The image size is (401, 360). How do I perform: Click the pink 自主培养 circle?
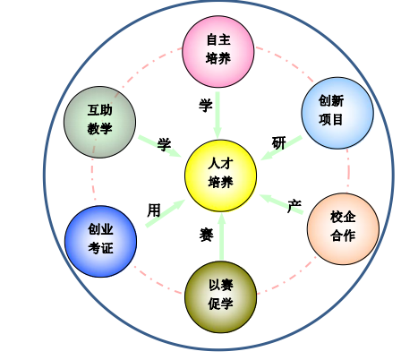pos(218,51)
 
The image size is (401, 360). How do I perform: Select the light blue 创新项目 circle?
pos(337,113)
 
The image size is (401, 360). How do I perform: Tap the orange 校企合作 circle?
pos(343,228)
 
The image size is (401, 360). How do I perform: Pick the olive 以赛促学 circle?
pos(220,296)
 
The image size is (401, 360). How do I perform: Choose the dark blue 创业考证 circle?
pos(100,241)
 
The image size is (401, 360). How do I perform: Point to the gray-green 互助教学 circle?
pos(99,122)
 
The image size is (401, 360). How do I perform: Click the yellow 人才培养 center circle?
pos(220,176)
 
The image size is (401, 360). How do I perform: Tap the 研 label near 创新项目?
pos(279,142)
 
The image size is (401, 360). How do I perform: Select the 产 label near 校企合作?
pos(294,206)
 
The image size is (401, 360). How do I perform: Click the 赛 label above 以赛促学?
pos(206,235)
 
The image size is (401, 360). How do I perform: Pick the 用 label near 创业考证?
pos(154,210)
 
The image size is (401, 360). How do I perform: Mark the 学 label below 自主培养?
pos(206,105)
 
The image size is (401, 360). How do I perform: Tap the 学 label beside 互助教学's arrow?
pos(164,144)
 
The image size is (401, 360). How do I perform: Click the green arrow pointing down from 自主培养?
pos(218,116)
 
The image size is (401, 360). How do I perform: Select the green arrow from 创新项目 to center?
pos(281,148)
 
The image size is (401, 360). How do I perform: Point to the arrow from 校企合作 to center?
pos(281,204)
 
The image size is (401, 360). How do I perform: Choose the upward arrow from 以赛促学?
pos(221,236)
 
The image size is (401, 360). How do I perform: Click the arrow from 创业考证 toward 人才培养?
pos(166,213)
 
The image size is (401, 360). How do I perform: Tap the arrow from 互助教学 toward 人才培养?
pos(160,146)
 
